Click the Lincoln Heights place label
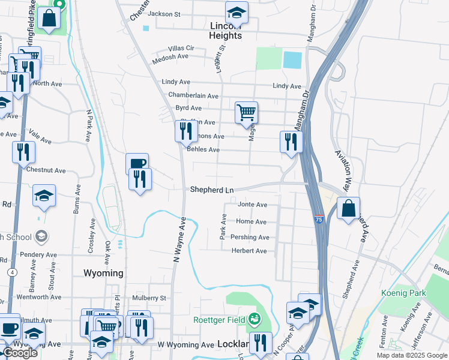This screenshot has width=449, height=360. [x=226, y=31]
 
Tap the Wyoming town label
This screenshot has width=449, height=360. [x=103, y=273]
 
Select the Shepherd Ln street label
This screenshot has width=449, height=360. [x=211, y=190]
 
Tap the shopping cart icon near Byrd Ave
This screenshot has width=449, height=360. [x=246, y=112]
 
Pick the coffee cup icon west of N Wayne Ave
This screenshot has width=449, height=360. [x=137, y=163]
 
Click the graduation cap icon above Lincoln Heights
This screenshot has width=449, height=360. [x=237, y=12]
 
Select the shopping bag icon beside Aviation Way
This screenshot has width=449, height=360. [x=348, y=209]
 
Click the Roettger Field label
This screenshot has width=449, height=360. [x=218, y=319]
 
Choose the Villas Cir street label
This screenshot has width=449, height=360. [x=181, y=47]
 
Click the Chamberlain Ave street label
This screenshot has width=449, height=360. [x=193, y=95]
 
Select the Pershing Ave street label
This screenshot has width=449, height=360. [x=250, y=237]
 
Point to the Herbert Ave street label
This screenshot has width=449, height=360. [x=249, y=251]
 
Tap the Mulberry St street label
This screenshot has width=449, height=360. [x=149, y=298]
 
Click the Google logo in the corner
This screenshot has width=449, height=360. [x=20, y=353]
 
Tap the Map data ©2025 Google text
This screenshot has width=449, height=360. [x=412, y=355]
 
